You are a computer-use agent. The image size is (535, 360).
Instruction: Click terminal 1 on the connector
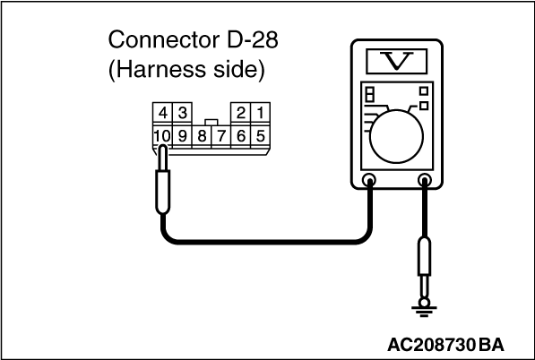tap(261, 113)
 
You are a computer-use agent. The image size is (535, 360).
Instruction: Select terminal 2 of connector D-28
tap(241, 113)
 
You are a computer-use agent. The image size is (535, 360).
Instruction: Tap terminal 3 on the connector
tap(183, 113)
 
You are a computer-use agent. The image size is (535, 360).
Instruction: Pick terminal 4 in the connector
tap(163, 113)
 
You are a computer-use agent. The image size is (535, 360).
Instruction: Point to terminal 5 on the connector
tap(261, 136)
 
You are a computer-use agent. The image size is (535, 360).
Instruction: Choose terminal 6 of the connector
tap(241, 136)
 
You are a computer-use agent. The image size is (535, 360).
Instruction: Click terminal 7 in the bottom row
tap(221, 136)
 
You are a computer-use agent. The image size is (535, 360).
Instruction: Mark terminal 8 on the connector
tap(202, 136)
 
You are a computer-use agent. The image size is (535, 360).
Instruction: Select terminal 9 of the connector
tap(183, 136)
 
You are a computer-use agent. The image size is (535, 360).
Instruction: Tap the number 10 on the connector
tap(162, 136)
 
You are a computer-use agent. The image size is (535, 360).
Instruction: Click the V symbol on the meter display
tap(396, 61)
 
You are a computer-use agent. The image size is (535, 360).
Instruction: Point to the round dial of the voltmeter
tap(396, 136)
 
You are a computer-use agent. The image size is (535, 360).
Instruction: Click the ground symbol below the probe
tap(424, 310)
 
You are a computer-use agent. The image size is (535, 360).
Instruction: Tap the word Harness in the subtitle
tap(158, 70)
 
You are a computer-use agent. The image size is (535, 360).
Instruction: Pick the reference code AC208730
tap(431, 345)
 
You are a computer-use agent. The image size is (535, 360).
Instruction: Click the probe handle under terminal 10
tap(163, 192)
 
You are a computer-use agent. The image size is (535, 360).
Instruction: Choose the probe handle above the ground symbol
tap(424, 256)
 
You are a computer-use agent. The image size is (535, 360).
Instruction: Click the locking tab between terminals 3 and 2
tap(211, 123)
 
